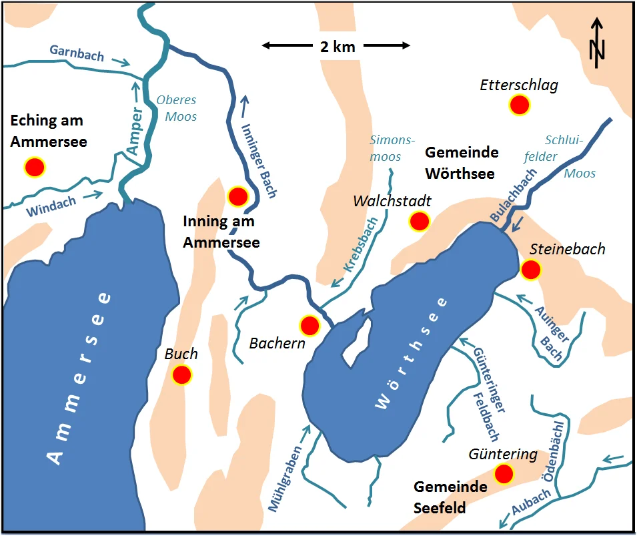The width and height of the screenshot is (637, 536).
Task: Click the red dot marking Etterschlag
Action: pos(519,105)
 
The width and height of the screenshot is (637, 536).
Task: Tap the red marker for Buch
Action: pos(181,375)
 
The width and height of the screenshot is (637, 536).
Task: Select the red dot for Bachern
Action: pos(309,325)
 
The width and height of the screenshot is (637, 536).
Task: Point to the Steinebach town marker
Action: pos(531,270)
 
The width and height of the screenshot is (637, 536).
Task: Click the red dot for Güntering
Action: pos(504,474)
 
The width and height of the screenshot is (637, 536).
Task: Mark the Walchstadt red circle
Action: pos(419,221)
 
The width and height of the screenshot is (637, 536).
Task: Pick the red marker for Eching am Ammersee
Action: pos(34,167)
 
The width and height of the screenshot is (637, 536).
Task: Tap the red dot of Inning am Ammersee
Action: pos(238,196)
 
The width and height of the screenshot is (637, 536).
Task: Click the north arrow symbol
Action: pos(598,43)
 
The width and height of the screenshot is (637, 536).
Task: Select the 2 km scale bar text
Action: pos(336,46)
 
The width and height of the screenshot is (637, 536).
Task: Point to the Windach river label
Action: pos(51,206)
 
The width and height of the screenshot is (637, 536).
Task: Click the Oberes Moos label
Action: pos(177,108)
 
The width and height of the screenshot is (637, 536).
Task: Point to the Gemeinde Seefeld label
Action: pos(450,497)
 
